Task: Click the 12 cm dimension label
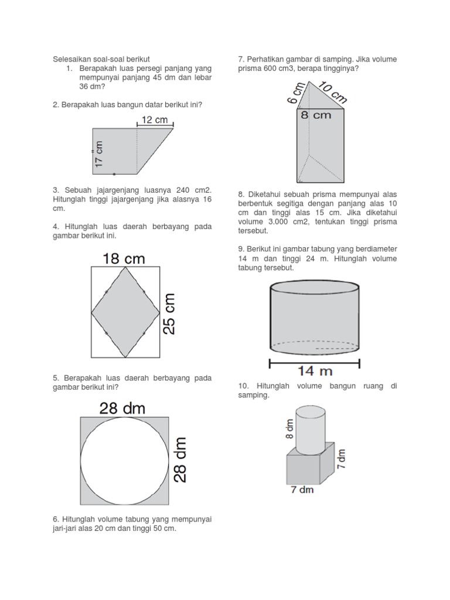click(155, 120)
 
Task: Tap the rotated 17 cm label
click(98, 154)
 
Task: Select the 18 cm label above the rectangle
click(124, 258)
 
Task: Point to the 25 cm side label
click(169, 314)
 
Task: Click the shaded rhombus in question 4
click(125, 312)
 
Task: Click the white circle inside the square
click(124, 461)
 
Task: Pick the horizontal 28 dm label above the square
click(122, 408)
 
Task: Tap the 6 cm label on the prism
click(296, 93)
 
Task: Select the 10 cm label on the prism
click(333, 92)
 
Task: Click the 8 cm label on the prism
click(316, 115)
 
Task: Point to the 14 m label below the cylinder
click(315, 371)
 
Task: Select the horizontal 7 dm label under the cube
click(302, 490)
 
